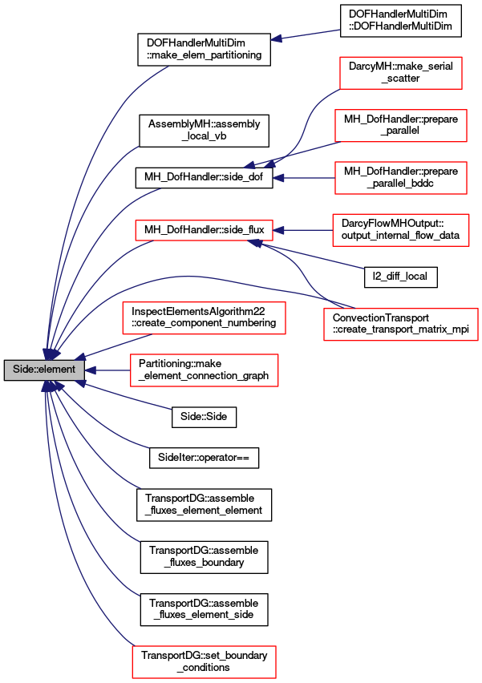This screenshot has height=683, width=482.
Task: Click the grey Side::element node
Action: tap(44, 370)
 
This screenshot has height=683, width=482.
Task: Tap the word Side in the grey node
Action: tap(22, 370)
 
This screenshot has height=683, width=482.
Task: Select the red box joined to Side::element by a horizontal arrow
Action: tap(204, 370)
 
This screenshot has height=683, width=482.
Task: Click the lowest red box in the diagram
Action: tap(204, 662)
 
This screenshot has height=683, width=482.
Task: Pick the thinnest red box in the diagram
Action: tap(204, 231)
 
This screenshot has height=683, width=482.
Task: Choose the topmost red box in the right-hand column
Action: tap(401, 73)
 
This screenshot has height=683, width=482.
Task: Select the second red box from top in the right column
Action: tap(401, 126)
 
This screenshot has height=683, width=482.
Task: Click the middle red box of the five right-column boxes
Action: tap(401, 178)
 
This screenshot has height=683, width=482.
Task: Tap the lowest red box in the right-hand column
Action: tap(401, 325)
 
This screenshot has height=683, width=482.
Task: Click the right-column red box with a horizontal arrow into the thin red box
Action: tap(401, 230)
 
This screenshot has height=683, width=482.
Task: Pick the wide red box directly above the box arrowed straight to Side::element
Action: tap(204, 318)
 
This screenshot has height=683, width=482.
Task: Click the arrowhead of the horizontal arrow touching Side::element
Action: tap(91, 370)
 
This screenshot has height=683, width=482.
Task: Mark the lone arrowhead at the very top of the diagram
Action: tap(276, 38)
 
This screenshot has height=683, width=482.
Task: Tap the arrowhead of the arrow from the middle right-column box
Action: tap(278, 178)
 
